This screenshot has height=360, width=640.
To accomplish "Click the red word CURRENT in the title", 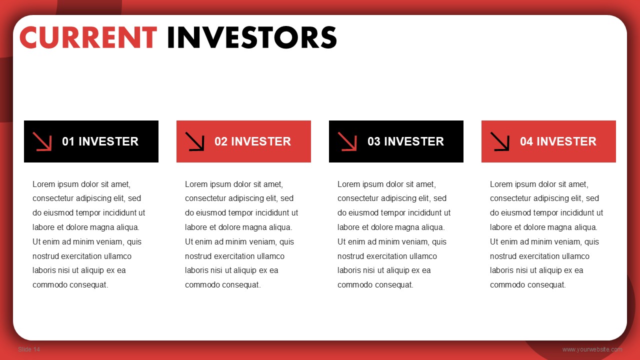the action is click(x=88, y=37).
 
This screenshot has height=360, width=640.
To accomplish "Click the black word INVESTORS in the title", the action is click(x=252, y=37).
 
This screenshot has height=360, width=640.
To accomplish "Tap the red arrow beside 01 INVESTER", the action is click(x=42, y=141).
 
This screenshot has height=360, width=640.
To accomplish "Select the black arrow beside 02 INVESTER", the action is click(x=194, y=141).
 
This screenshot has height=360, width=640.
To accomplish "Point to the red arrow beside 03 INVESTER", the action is click(x=347, y=141).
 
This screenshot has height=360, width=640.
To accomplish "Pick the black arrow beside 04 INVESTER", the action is click(x=499, y=141).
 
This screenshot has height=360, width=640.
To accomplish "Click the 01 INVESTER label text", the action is click(x=100, y=141).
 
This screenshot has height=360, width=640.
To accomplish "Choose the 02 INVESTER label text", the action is click(x=253, y=141).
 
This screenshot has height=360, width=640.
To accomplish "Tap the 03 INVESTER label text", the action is click(x=405, y=141).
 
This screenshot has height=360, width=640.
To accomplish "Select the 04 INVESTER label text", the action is click(x=558, y=141).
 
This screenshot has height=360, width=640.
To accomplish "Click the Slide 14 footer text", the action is click(x=29, y=349).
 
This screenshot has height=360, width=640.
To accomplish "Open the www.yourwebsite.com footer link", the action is click(x=592, y=349).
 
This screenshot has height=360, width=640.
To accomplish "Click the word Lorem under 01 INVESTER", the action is click(x=43, y=184).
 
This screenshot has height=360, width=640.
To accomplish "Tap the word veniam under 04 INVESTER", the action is click(x=568, y=242).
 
